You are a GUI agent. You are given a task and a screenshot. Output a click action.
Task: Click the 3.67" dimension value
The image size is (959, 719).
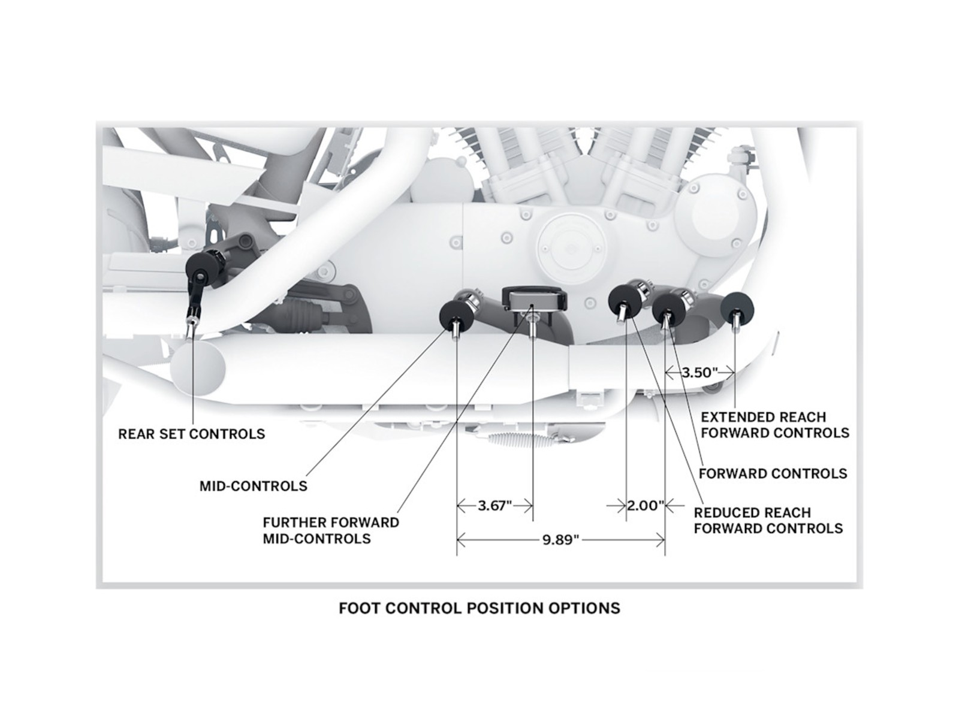494,506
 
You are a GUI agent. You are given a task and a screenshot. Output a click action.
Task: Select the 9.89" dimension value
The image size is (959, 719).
560,540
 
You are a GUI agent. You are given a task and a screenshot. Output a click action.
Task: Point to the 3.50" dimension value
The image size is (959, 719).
699,372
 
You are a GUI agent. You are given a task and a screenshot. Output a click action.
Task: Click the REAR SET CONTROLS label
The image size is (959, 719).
191,434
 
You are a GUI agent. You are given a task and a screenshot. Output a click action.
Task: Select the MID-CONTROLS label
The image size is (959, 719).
254,486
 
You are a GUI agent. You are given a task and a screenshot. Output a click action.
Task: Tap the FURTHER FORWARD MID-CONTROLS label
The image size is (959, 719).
331,530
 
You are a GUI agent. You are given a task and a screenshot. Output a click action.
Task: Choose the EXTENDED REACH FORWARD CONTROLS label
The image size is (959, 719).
775,425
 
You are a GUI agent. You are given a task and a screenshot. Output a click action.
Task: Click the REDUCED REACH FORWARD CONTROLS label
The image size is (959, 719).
768,520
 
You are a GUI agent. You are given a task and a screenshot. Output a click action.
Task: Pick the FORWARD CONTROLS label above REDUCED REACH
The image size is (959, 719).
773,473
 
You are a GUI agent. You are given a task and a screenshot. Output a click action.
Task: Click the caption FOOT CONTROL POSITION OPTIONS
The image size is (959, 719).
479,608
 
